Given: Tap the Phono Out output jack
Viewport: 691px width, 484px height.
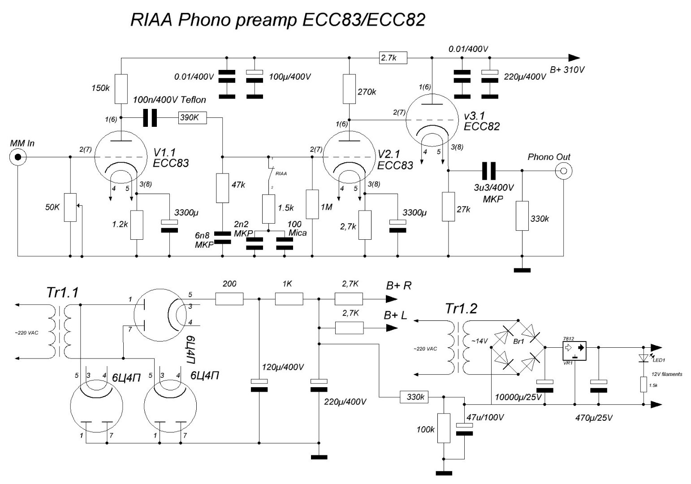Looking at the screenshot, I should pyautogui.click(x=562, y=170).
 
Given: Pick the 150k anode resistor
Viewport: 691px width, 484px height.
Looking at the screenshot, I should pyautogui.click(x=121, y=89).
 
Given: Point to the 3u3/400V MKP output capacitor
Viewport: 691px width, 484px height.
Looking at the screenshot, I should pyautogui.click(x=488, y=170).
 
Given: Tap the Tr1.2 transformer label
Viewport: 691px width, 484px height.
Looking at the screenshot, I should pyautogui.click(x=461, y=308).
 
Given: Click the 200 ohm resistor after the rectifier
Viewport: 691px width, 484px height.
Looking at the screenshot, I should pyautogui.click(x=229, y=298).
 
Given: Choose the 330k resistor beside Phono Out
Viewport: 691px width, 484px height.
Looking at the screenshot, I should pyautogui.click(x=522, y=216).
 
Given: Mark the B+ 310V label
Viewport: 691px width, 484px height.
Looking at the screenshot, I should pyautogui.click(x=567, y=70).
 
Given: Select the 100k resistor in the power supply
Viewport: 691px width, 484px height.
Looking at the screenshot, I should pyautogui.click(x=443, y=428).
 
